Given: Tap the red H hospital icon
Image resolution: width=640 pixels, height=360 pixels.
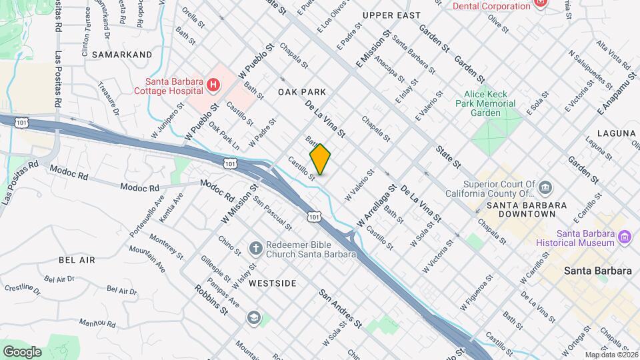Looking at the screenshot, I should point(213,85).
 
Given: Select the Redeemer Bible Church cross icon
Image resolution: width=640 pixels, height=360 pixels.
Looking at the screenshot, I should point(254,249).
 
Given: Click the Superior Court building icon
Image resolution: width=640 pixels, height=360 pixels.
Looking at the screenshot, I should point(545,187).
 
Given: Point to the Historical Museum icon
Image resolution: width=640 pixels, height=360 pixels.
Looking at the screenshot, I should point(625,237).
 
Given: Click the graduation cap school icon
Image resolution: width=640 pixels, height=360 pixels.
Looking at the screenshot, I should point(253,317).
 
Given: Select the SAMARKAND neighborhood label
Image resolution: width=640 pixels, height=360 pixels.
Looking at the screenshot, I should point(122,54).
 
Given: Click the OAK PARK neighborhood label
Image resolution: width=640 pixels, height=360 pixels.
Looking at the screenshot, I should point(302,92).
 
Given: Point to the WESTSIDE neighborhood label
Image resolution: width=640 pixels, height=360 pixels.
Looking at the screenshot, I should point(272,283).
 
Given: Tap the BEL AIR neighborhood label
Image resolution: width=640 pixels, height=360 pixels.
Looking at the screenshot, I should point(77,259).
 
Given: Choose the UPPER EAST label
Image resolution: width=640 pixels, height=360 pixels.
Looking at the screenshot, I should point(391,15).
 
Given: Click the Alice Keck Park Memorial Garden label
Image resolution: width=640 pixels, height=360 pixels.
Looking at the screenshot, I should point(486,103).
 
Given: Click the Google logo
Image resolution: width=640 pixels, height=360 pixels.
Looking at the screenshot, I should point(21,351).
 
